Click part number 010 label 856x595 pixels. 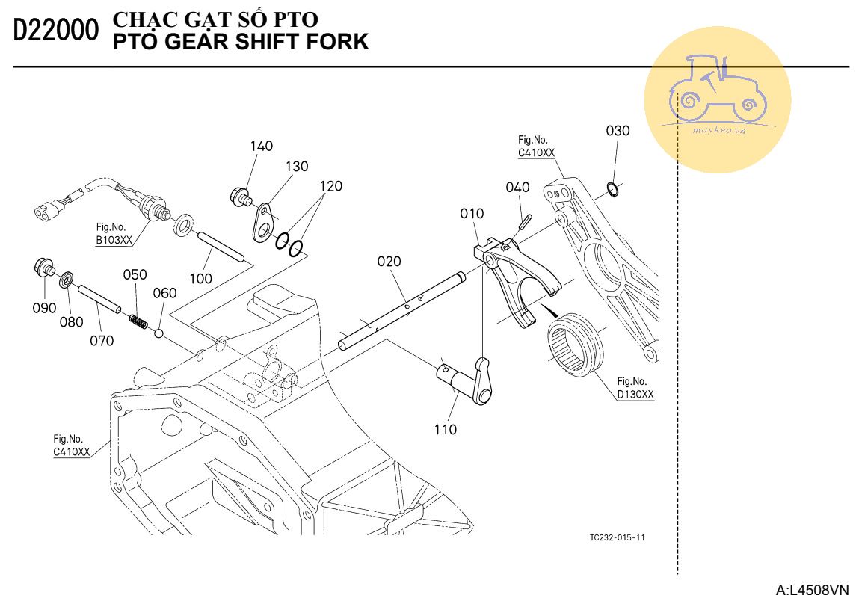(472, 215)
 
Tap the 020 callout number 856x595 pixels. (389, 262)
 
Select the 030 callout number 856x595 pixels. (618, 131)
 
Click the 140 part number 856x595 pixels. (262, 146)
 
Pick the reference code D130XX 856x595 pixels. (635, 394)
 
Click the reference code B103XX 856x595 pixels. (114, 240)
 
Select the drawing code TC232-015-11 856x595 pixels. (617, 538)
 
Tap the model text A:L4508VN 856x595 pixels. (813, 589)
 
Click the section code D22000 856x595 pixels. (56, 31)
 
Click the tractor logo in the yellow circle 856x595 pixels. (717, 93)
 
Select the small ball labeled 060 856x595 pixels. (158, 330)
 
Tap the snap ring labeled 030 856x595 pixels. (612, 190)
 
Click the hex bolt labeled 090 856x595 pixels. (43, 266)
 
